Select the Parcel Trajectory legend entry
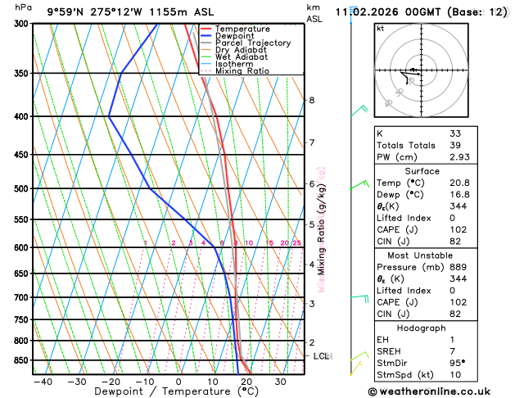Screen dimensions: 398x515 point(252,43)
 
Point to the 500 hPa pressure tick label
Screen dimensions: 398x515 point(20,188)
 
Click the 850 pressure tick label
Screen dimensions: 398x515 point(20,360)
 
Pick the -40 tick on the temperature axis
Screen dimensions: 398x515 point(43,382)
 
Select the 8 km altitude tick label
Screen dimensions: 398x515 point(311,100)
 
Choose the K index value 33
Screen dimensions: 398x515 point(454,133)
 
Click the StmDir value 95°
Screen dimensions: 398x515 point(458,363)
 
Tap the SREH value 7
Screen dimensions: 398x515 point(452,351)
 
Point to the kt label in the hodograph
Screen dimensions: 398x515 point(380,28)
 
